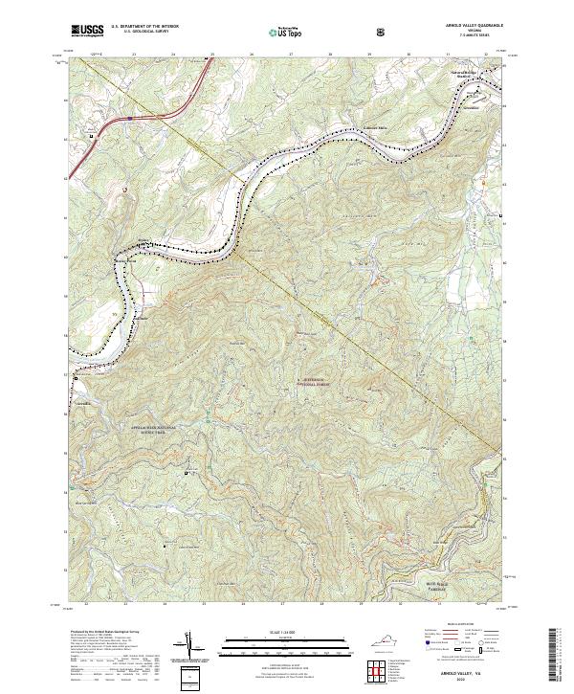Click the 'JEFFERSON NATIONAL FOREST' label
[313, 380]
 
